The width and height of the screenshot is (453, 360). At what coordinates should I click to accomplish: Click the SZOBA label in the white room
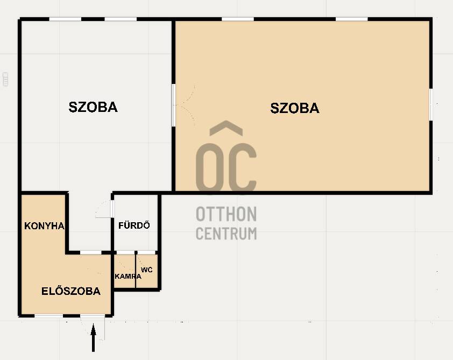pyautogui.click(x=93, y=107)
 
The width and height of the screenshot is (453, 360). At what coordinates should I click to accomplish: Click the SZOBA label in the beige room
pyautogui.click(x=295, y=108)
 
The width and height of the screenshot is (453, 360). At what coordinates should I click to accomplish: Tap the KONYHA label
pyautogui.click(x=44, y=225)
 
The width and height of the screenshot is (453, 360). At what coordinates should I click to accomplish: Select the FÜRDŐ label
pyautogui.click(x=134, y=225)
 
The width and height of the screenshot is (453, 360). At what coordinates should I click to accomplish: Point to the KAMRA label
pyautogui.click(x=128, y=276)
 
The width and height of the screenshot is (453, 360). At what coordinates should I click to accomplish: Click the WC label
pyautogui.click(x=147, y=270)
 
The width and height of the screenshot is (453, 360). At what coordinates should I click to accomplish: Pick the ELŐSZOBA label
pyautogui.click(x=71, y=291)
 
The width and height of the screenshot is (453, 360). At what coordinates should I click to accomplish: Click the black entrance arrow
pyautogui.click(x=93, y=337)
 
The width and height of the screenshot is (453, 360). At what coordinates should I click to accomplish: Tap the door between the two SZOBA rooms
pyautogui.click(x=174, y=105)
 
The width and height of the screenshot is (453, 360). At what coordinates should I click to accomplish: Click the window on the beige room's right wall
pyautogui.click(x=431, y=104)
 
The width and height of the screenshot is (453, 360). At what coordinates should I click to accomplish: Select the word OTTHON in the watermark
pyautogui.click(x=226, y=214)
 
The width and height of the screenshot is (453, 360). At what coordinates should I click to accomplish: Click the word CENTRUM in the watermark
pyautogui.click(x=226, y=234)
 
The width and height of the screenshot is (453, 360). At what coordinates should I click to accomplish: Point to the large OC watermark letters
pyautogui.click(x=226, y=167)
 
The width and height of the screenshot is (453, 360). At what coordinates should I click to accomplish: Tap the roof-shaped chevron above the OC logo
pyautogui.click(x=226, y=128)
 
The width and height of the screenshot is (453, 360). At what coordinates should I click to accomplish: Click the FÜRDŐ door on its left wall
pyautogui.click(x=112, y=208)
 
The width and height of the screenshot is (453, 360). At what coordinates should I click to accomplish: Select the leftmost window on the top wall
pyautogui.click(x=65, y=19)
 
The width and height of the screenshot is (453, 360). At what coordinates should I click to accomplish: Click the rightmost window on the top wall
pyautogui.click(x=352, y=19)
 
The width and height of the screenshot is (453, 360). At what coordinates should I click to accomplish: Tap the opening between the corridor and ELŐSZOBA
pyautogui.click(x=91, y=252)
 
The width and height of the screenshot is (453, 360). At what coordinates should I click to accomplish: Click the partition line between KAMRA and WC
pyautogui.click(x=136, y=271)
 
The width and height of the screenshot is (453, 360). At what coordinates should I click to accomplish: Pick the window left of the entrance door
pyautogui.click(x=49, y=316)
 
